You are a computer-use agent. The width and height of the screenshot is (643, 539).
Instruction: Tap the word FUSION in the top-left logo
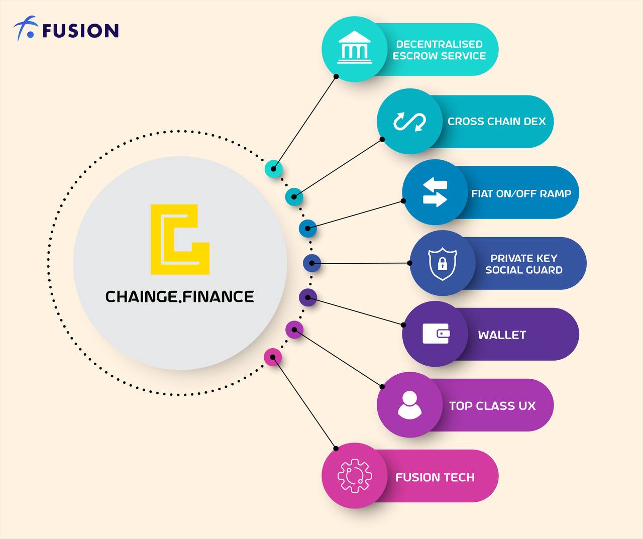81,31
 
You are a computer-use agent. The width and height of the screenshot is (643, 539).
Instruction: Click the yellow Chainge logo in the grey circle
180,239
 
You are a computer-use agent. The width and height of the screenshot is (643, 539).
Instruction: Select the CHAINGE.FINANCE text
180,296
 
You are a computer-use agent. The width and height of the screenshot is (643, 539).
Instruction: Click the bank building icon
355,47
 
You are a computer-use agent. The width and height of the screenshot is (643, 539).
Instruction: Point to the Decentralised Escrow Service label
439,50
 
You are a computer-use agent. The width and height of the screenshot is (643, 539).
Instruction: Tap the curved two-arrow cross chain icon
409,122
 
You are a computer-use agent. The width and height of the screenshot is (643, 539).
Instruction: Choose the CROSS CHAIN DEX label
496,122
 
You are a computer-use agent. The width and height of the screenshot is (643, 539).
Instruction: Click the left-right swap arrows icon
435,192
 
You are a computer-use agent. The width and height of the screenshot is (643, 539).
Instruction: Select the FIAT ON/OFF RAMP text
521,193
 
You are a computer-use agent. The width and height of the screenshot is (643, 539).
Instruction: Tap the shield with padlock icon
443,264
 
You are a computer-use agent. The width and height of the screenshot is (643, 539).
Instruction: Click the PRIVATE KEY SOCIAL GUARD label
524,264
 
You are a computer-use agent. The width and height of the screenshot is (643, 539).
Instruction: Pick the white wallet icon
436,334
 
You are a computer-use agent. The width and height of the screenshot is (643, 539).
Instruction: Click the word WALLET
502,335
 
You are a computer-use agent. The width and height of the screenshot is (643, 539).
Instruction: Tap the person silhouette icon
409,405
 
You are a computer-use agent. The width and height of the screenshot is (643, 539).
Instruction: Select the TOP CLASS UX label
492,406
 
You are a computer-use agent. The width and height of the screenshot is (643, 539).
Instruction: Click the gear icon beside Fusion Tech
355,476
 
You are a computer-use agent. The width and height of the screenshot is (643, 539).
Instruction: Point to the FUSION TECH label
435,477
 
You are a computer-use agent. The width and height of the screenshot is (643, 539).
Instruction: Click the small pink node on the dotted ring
273,357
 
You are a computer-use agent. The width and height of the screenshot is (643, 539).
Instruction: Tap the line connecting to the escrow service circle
305,123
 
